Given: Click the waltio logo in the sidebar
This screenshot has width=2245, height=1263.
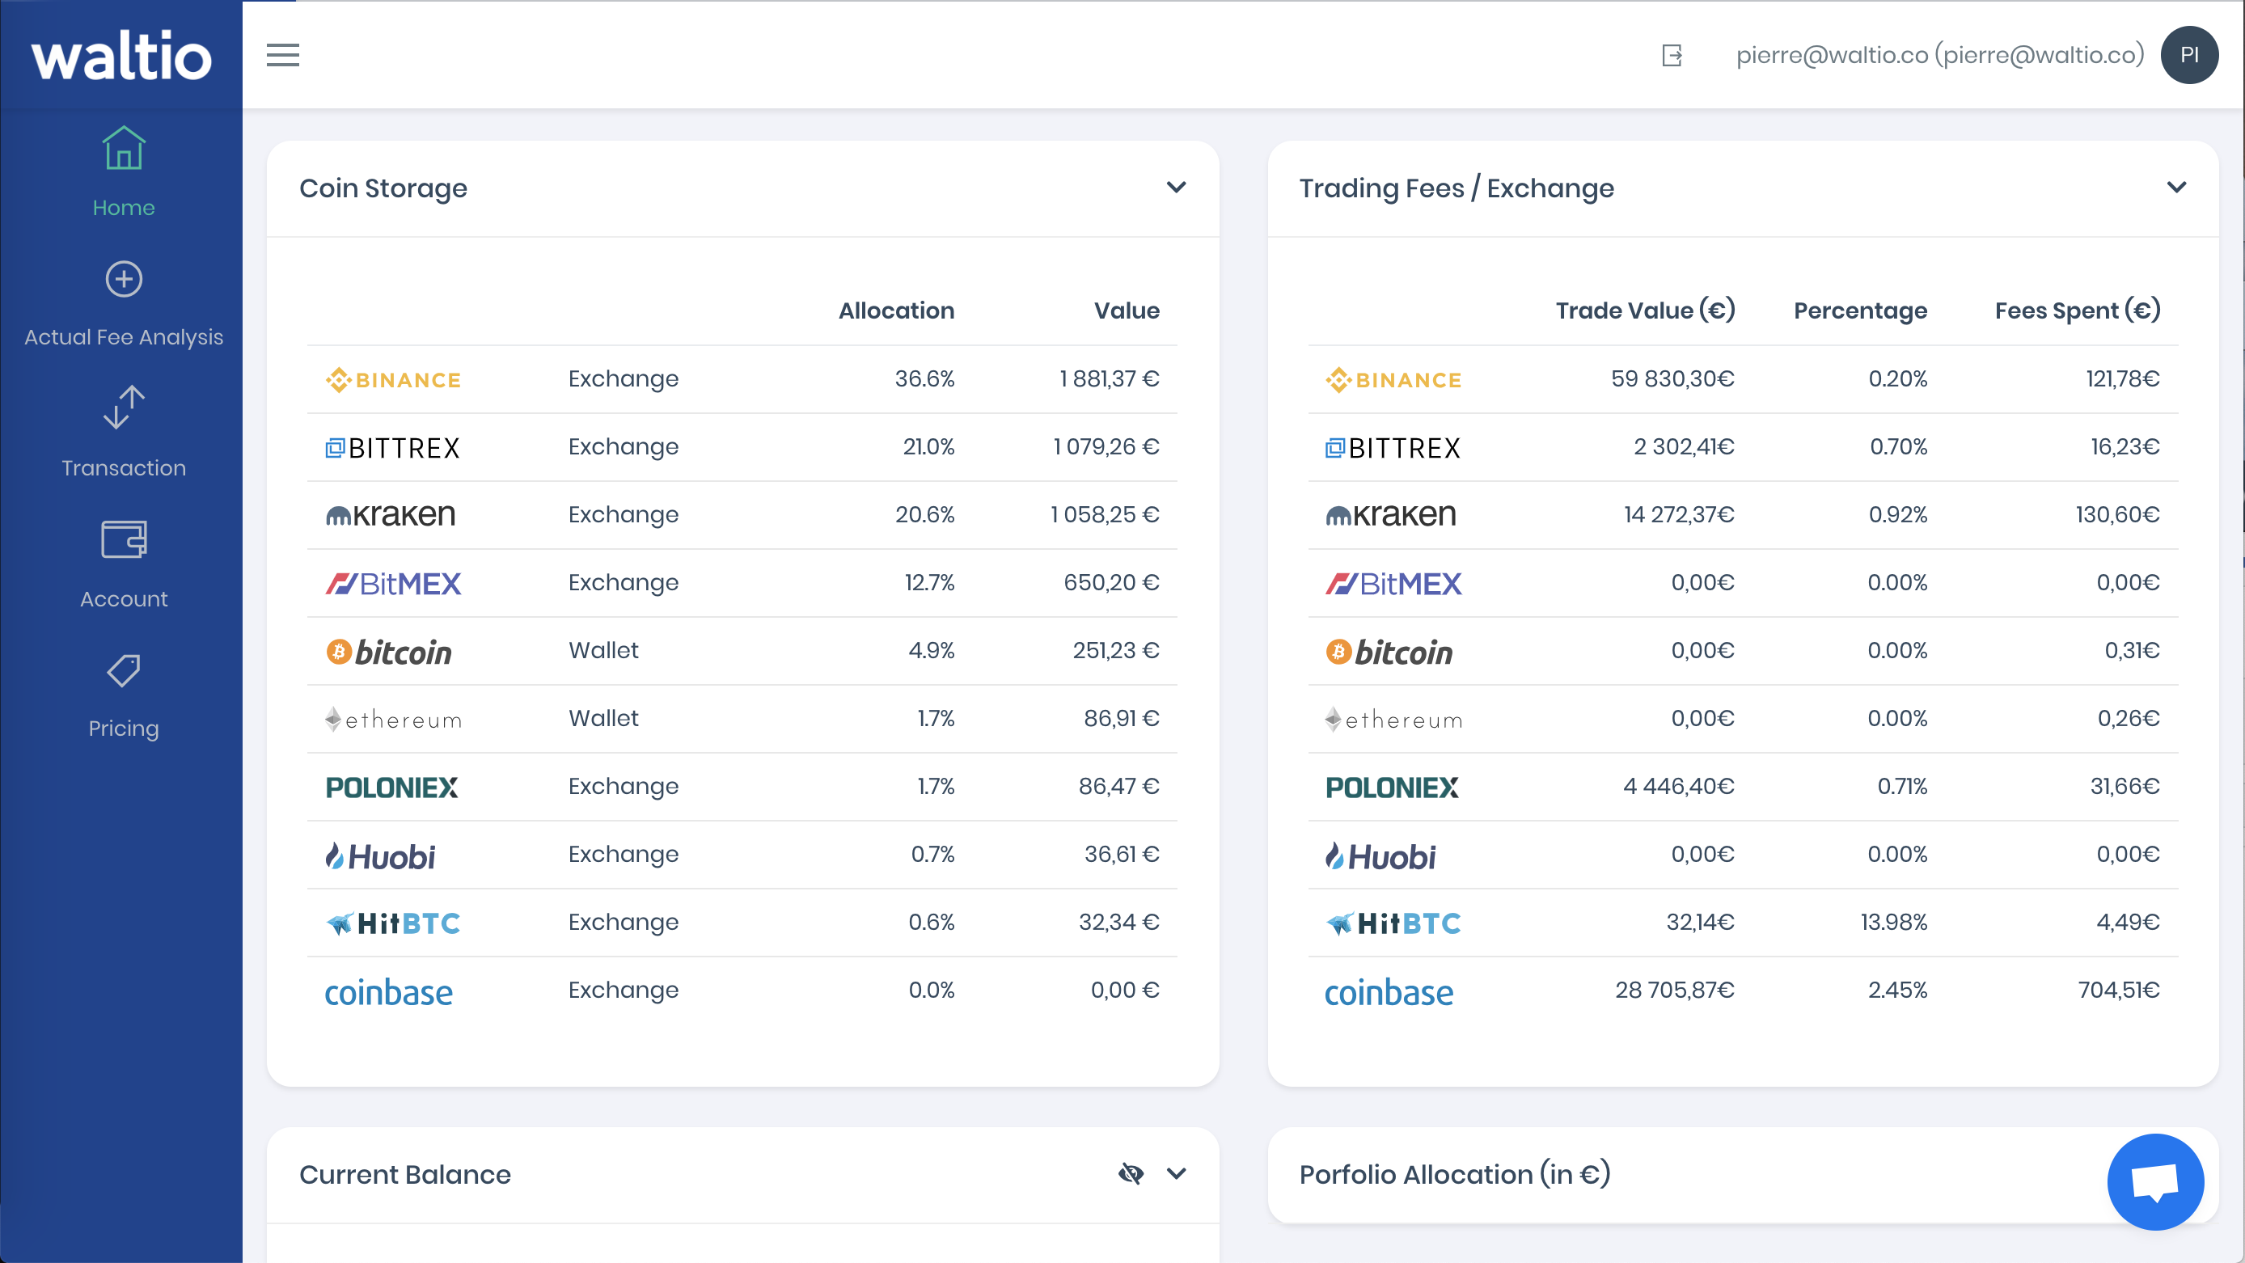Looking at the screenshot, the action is [122, 56].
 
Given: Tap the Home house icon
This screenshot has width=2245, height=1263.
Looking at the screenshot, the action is [124, 148].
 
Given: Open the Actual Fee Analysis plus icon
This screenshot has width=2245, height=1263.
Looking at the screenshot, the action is [124, 279].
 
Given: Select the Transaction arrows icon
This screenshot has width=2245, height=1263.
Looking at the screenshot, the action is [124, 407].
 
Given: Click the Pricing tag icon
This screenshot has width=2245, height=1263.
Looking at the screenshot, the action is [124, 670].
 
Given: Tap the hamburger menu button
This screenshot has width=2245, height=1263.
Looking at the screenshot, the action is [282, 55].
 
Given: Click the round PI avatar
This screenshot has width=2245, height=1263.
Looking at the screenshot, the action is [2189, 55].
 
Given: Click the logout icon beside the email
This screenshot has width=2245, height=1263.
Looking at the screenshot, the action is [1672, 56].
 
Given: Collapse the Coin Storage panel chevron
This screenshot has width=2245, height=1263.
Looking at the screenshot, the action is [1177, 188].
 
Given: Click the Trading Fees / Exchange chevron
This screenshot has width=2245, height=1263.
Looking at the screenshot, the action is [2177, 188].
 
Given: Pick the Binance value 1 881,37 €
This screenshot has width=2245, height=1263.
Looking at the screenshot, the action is [1110, 379].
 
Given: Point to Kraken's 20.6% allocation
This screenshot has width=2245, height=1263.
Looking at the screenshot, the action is [924, 515].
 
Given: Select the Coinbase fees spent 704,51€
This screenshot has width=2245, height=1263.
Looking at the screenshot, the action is [2119, 991].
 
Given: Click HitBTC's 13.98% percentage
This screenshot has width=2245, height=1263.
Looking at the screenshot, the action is [1894, 923].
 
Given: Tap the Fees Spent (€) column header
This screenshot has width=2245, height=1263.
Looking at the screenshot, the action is [2078, 310].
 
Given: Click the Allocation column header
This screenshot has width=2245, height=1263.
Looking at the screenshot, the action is [897, 310].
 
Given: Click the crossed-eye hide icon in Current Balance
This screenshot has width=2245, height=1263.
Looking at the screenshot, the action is [1131, 1173].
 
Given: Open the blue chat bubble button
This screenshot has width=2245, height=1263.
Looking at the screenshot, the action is [2155, 1182].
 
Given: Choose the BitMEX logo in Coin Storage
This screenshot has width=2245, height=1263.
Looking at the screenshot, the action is [393, 583].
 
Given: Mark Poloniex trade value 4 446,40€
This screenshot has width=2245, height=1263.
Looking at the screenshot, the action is [1679, 786].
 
